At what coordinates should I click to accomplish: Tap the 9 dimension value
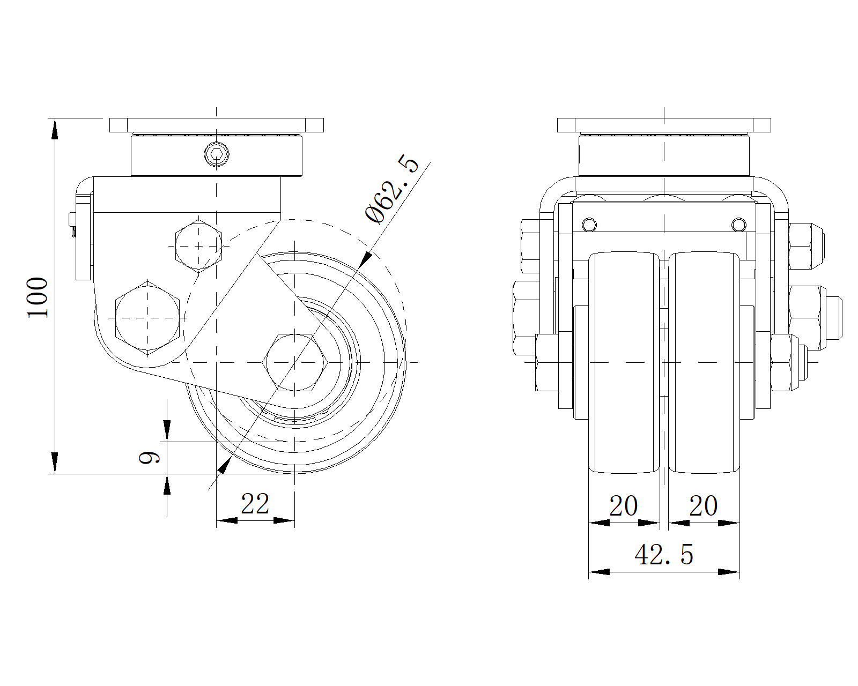[150, 458]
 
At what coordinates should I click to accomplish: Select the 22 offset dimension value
[255, 504]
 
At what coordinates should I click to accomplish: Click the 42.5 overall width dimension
[664, 555]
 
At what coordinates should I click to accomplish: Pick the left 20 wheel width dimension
[624, 506]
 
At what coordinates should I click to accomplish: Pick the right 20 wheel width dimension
[703, 506]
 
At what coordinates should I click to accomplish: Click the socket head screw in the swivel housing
[217, 154]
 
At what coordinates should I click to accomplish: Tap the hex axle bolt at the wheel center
[295, 362]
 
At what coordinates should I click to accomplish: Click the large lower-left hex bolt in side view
[147, 317]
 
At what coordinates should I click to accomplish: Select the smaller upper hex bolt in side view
[199, 245]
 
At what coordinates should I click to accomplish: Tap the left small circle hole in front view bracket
[589, 224]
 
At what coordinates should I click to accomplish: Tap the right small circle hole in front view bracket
[738, 224]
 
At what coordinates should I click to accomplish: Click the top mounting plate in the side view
[217, 125]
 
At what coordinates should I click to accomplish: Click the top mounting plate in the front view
[664, 125]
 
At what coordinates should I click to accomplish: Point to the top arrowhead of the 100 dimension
[54, 129]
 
